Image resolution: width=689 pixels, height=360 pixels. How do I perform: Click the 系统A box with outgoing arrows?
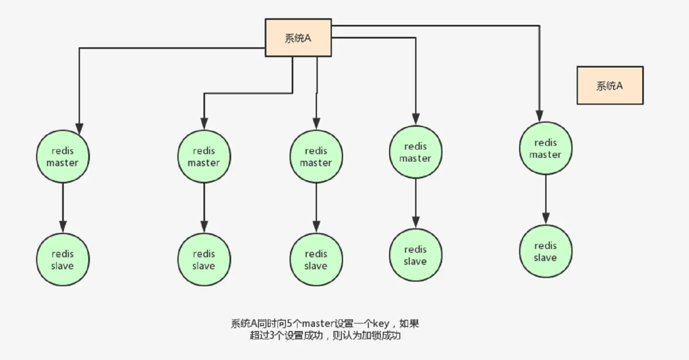point(298,38)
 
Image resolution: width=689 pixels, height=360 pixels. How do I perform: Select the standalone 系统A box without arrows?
point(610,85)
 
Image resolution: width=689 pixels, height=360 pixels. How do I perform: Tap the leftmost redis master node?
point(62,157)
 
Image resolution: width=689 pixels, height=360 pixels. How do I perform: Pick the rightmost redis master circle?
point(545,148)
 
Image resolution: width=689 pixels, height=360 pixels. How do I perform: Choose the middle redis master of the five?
point(316,157)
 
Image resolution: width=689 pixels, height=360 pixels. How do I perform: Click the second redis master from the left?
point(204,157)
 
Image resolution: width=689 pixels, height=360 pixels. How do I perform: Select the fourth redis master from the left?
point(415,152)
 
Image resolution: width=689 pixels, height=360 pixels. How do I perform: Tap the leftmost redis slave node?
point(62,260)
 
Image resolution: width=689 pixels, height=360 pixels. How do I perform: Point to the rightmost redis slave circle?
point(545,251)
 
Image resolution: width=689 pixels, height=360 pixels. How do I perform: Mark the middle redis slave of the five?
point(316,260)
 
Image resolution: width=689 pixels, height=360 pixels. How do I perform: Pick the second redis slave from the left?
point(204,260)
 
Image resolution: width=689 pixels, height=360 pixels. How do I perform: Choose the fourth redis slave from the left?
point(415,255)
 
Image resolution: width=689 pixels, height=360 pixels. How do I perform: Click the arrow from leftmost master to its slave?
point(62,207)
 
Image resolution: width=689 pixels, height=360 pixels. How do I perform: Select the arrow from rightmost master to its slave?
point(546,200)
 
